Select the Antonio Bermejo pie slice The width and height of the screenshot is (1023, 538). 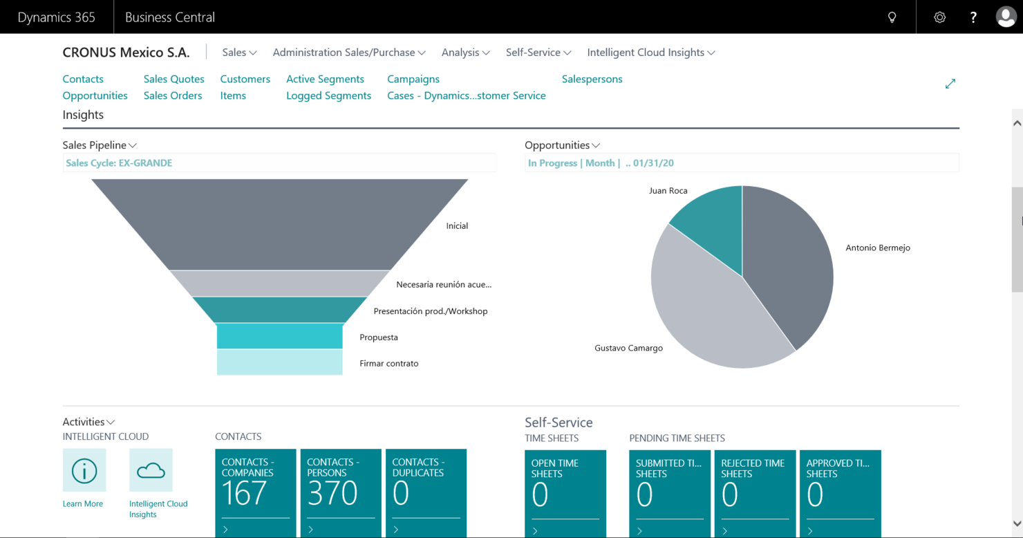[788, 270]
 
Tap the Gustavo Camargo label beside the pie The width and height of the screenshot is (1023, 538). [628, 348]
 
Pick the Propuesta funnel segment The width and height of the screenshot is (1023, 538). [280, 336]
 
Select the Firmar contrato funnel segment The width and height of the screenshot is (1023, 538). [280, 362]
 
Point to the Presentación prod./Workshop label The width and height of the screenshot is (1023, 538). [430, 311]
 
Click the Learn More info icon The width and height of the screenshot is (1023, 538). [84, 470]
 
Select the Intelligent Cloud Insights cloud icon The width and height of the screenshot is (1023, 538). [151, 470]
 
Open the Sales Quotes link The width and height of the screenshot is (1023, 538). [173, 79]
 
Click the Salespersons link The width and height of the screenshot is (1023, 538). [592, 79]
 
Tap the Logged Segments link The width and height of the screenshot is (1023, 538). [328, 95]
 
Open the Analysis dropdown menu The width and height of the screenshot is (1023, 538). [465, 53]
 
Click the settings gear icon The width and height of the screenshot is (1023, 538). [939, 17]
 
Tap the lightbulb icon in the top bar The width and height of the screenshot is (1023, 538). [892, 17]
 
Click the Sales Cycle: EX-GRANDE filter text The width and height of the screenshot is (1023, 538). [119, 163]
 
